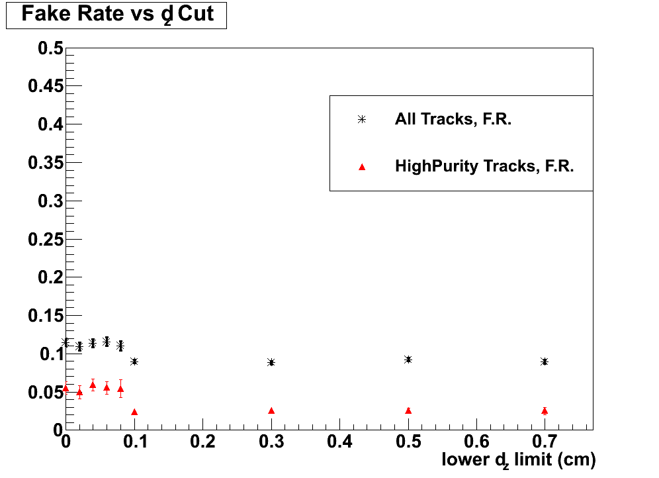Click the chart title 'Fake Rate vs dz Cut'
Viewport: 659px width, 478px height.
[x=117, y=15]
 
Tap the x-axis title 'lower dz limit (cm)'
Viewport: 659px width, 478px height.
[x=519, y=459]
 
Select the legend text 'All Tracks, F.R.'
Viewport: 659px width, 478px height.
[x=453, y=120]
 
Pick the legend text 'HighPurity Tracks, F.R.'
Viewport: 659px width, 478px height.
[x=484, y=166]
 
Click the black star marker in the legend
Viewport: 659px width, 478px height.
[x=361, y=120]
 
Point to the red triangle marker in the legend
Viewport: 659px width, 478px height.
[x=361, y=167]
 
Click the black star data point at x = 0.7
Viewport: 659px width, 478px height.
[x=544, y=361]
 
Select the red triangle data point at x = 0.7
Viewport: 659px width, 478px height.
[x=544, y=411]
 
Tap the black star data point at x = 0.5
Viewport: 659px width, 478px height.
[x=408, y=359]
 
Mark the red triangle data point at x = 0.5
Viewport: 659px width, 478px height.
[x=408, y=410]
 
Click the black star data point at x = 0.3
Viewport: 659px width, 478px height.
[x=271, y=362]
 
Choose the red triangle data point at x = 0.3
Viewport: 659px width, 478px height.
[x=271, y=410]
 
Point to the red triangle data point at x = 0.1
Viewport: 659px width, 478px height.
[x=134, y=412]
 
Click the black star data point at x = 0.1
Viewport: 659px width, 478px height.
[x=134, y=361]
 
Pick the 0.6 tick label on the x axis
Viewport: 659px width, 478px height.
[x=476, y=441]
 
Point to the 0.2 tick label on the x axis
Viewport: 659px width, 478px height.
[x=202, y=441]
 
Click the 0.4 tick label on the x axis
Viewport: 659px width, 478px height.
[x=339, y=441]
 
